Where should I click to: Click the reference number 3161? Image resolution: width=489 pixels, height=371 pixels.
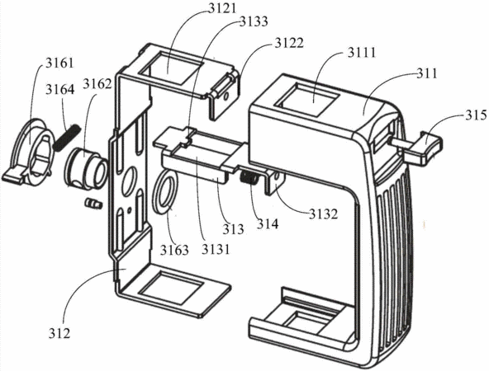tap(59, 63)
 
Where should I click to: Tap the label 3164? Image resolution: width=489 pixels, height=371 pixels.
tap(60, 89)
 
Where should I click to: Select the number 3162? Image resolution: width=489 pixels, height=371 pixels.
tap(97, 84)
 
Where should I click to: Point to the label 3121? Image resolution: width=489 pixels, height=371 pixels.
tap(223, 8)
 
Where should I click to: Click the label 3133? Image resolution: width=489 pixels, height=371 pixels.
tap(254, 21)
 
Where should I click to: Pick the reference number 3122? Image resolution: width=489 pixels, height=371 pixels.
tap(289, 43)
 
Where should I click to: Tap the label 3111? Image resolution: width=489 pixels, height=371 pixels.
tap(362, 52)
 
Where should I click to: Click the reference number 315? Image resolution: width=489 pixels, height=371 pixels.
tap(477, 115)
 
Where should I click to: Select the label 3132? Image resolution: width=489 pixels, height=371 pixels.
tap(324, 214)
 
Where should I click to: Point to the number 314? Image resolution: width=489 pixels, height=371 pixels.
tap(268, 223)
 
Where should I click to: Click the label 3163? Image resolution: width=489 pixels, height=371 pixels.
tap(174, 250)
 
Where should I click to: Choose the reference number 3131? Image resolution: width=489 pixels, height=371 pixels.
tap(216, 249)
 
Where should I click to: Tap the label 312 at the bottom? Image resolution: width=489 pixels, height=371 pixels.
tap(59, 333)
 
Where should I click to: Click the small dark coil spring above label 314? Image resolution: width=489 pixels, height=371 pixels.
tap(249, 179)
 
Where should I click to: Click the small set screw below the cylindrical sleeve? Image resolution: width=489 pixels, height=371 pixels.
tap(93, 204)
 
